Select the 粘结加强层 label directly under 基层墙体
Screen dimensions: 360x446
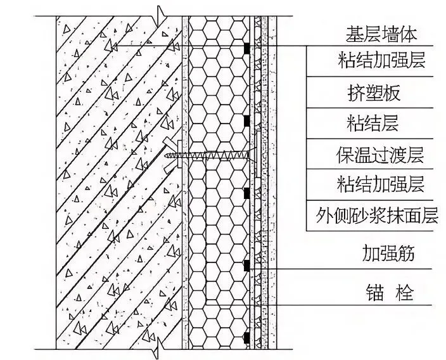380,61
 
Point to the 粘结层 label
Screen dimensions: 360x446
373,122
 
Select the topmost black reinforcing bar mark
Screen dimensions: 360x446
246,48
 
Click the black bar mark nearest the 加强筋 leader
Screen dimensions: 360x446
246,266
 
